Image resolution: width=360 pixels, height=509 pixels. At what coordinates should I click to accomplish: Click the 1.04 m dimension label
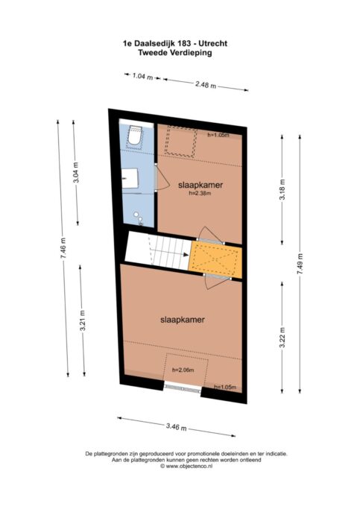pyautogui.click(x=142, y=77)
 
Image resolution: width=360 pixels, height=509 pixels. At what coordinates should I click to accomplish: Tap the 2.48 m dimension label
pyautogui.click(x=206, y=85)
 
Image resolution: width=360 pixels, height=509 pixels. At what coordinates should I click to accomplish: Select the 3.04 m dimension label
pyautogui.click(x=76, y=172)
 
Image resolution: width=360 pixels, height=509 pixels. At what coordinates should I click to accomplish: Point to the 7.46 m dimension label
pyautogui.click(x=63, y=248)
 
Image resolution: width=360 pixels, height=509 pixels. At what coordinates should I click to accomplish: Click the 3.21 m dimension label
pyautogui.click(x=83, y=320)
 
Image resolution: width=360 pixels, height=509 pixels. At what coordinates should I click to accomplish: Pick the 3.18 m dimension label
pyautogui.click(x=282, y=190)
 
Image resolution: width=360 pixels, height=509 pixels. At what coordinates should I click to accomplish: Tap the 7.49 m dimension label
pyautogui.click(x=300, y=264)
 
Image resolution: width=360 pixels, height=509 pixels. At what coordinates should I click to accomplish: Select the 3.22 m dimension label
pyautogui.click(x=282, y=338)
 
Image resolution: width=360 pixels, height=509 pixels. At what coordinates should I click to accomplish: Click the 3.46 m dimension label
pyautogui.click(x=176, y=426)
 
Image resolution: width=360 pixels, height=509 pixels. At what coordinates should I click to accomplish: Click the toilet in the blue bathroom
pyautogui.click(x=135, y=136)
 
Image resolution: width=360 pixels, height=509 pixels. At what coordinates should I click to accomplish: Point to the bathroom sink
pyautogui.click(x=130, y=178)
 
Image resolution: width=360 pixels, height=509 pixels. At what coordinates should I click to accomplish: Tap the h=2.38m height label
pyautogui.click(x=200, y=193)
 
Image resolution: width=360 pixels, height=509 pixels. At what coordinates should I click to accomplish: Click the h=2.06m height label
pyautogui.click(x=183, y=370)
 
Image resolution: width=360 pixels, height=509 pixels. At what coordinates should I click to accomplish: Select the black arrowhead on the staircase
pyautogui.click(x=186, y=255)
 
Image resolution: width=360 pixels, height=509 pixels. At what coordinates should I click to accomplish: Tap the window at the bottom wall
pyautogui.click(x=183, y=388)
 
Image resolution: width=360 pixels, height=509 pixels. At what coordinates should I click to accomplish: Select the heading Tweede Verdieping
pyautogui.click(x=175, y=53)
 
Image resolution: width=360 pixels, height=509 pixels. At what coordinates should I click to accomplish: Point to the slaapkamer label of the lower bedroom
pyautogui.click(x=183, y=320)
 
